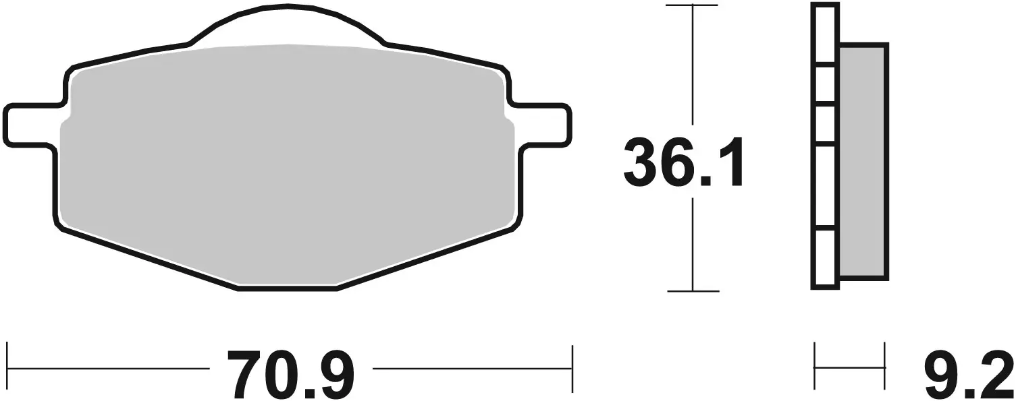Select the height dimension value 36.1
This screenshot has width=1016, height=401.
(683, 162)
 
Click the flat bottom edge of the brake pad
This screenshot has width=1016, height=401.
(288, 288)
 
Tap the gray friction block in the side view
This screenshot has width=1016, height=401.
(863, 162)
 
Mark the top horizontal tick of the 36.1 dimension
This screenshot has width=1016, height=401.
(692, 5)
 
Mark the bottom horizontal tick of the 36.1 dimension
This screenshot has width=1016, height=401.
(692, 291)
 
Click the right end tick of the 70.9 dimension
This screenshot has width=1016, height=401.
(572, 368)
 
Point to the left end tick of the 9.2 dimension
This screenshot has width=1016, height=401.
(816, 368)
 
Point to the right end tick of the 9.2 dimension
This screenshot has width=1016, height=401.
(884, 368)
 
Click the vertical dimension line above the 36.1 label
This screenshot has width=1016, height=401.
(692, 67)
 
